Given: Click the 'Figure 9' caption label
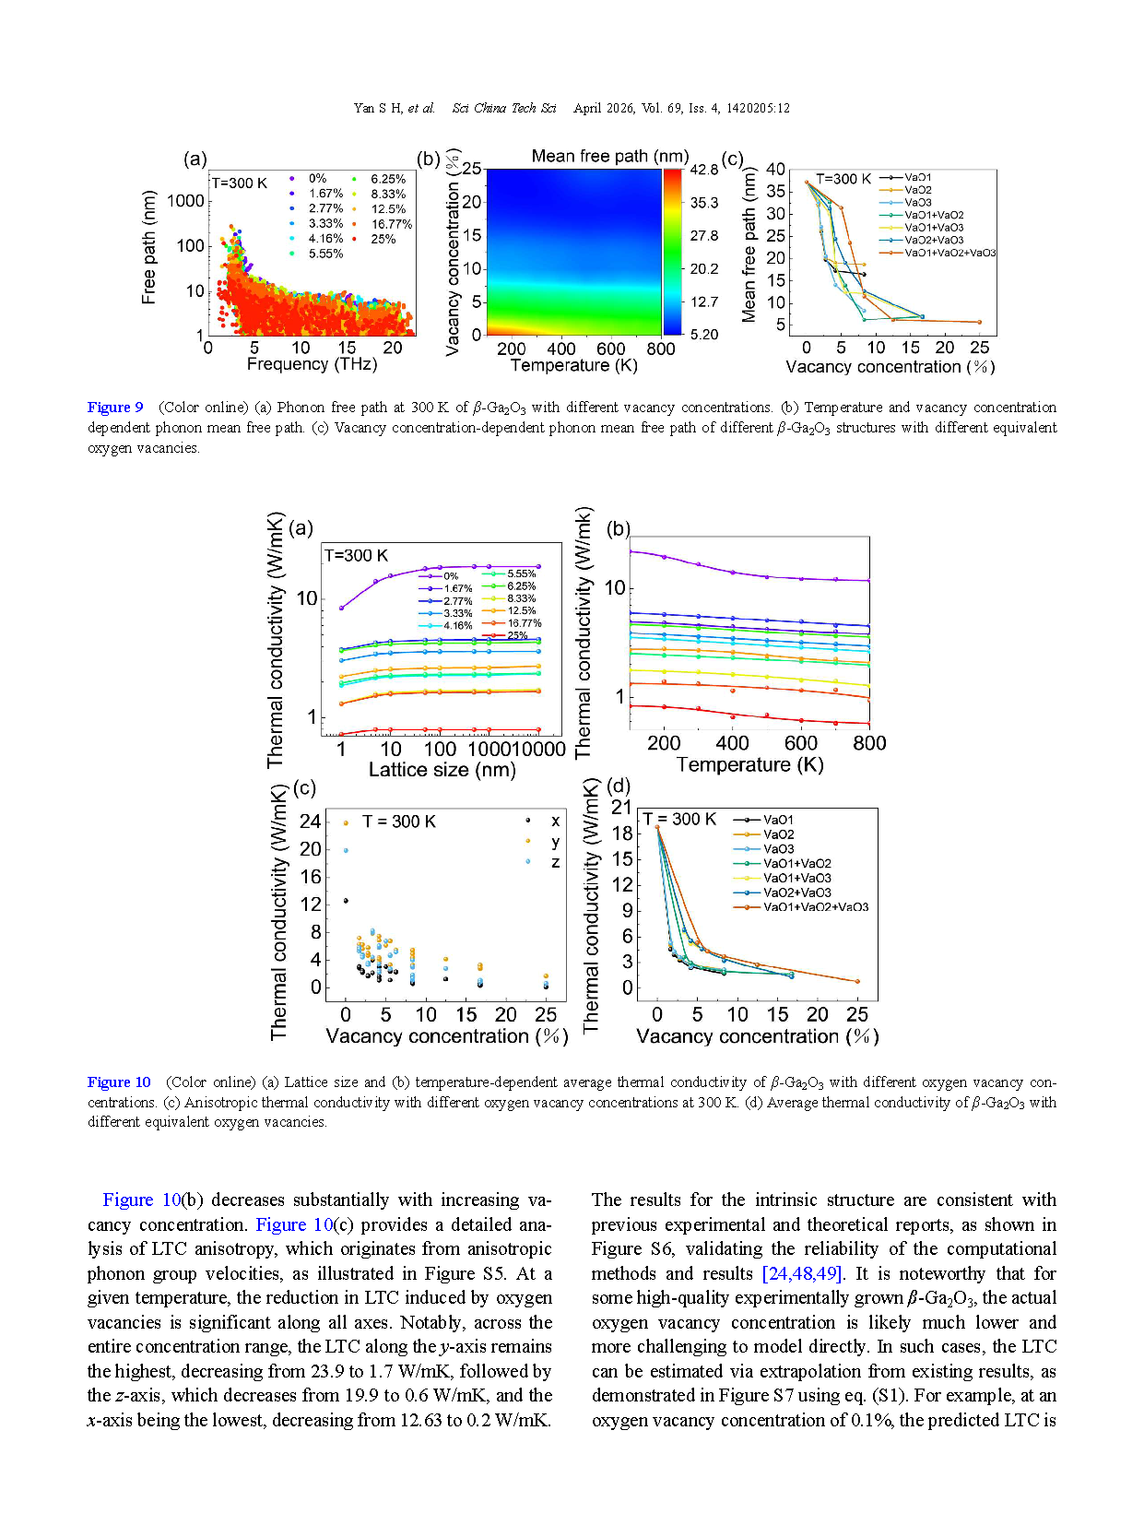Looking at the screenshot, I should coord(115,408).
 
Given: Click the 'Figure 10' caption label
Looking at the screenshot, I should coord(119,1082).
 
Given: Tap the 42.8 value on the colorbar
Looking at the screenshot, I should coord(703,170).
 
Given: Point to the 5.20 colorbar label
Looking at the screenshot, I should coord(703,335).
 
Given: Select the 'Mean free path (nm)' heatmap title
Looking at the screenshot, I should coord(609,157).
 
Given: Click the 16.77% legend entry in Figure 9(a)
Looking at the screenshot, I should coord(391,224).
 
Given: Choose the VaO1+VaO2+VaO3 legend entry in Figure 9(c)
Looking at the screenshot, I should coord(949,253).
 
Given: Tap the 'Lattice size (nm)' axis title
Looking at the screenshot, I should coord(442,770).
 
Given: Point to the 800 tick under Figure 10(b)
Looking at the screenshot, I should coord(868,743).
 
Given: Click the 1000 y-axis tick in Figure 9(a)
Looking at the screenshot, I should coord(185,201).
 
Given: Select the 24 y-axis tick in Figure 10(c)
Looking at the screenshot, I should coord(311,822).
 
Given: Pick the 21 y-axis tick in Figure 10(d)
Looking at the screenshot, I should coord(622,808).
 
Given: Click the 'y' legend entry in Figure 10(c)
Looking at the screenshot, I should coord(555,842).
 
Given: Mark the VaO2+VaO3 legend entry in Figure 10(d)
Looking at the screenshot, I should coord(796,893).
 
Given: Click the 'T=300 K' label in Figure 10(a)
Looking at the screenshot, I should coord(356,556).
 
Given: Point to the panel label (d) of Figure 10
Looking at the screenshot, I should coord(619,786).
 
